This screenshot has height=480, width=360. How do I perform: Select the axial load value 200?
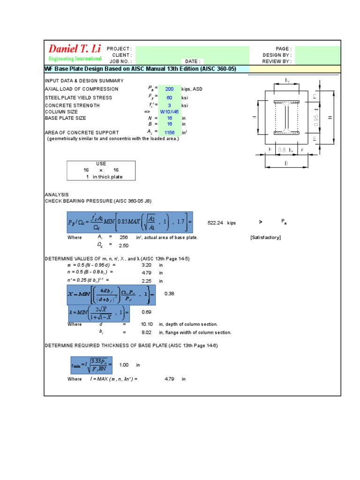[x=169, y=89]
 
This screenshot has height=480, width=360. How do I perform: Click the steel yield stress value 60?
[x=169, y=97]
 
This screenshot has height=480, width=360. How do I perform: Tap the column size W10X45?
[x=169, y=112]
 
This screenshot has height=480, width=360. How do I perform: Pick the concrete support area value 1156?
[x=169, y=133]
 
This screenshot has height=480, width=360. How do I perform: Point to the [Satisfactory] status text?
[x=266, y=238]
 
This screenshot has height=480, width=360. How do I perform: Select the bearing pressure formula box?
[x=129, y=221]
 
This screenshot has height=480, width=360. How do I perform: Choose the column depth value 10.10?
[x=147, y=324]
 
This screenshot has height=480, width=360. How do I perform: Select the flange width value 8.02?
[x=147, y=332]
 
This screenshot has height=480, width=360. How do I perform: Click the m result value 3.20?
[x=147, y=265]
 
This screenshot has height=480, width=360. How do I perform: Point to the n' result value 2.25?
[x=147, y=281]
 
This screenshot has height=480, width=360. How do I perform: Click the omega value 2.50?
[x=124, y=246]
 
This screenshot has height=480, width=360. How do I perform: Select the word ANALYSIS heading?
[x=56, y=195]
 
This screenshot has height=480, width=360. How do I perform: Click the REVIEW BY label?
[x=277, y=61]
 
